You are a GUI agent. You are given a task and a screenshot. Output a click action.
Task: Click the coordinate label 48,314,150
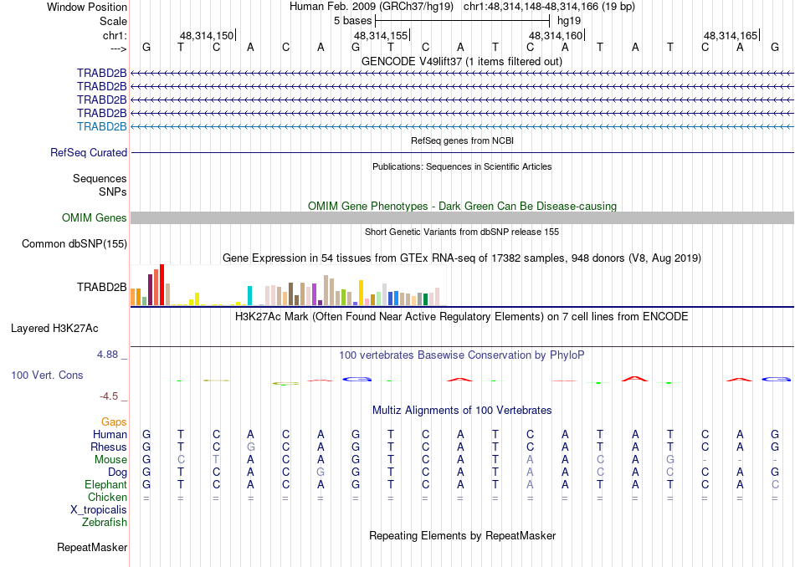207,35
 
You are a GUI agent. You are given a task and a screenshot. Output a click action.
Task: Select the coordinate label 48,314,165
731,35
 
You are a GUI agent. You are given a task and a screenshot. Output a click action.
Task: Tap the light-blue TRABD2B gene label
101,126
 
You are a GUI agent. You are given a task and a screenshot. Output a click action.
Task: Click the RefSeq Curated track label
89,153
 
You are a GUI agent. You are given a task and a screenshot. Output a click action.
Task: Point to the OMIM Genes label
95,218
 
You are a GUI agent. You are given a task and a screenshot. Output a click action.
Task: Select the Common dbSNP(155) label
76,244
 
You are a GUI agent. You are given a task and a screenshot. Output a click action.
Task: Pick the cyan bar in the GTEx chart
249,295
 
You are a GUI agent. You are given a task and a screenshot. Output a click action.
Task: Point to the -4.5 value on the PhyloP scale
109,396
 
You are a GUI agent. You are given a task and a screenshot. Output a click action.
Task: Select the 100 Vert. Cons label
47,375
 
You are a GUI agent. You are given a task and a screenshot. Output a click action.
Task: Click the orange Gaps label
114,422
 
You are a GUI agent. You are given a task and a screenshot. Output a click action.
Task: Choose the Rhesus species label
109,447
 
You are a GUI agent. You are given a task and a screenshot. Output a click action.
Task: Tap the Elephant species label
105,485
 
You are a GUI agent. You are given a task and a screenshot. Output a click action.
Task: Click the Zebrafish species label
105,523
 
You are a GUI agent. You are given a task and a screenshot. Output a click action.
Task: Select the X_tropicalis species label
99,510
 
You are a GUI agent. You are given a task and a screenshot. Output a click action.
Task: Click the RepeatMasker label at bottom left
92,548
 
